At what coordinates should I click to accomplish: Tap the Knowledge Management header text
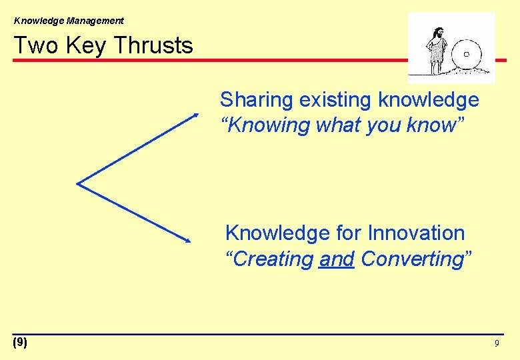69,21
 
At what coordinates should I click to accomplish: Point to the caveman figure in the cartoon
437,51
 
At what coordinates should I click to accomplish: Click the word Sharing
257,101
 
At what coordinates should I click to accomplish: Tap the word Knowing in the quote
266,125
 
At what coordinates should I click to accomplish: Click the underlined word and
337,259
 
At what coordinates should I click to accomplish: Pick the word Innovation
417,233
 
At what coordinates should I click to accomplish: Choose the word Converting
411,259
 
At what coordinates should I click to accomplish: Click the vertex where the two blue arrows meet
78,183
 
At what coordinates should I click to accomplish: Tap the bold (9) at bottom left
20,343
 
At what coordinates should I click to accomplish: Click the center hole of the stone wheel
467,54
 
